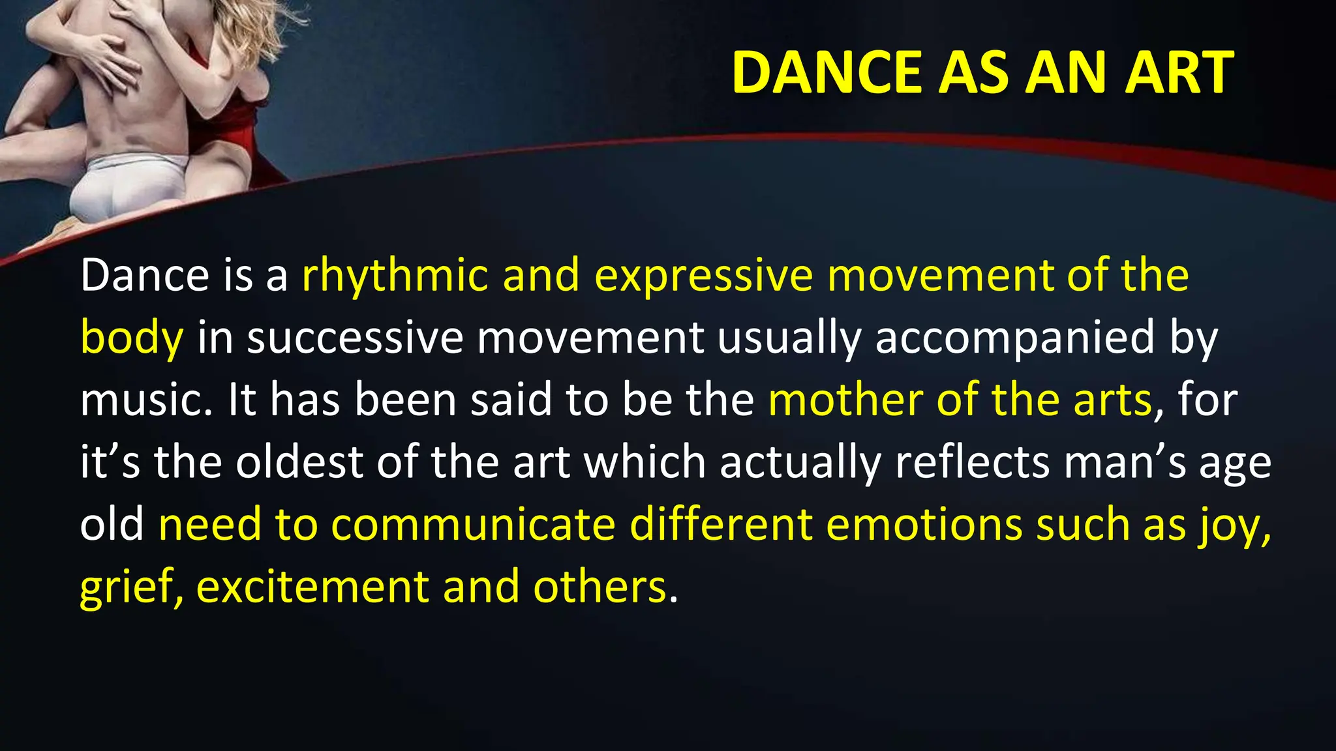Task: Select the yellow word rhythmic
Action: click(x=395, y=275)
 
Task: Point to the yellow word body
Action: click(x=132, y=338)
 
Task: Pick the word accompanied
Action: click(x=1014, y=338)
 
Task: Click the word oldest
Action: click(x=299, y=462)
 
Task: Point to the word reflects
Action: click(x=972, y=462)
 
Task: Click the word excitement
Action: click(x=312, y=587)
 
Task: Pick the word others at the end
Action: click(x=600, y=587)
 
